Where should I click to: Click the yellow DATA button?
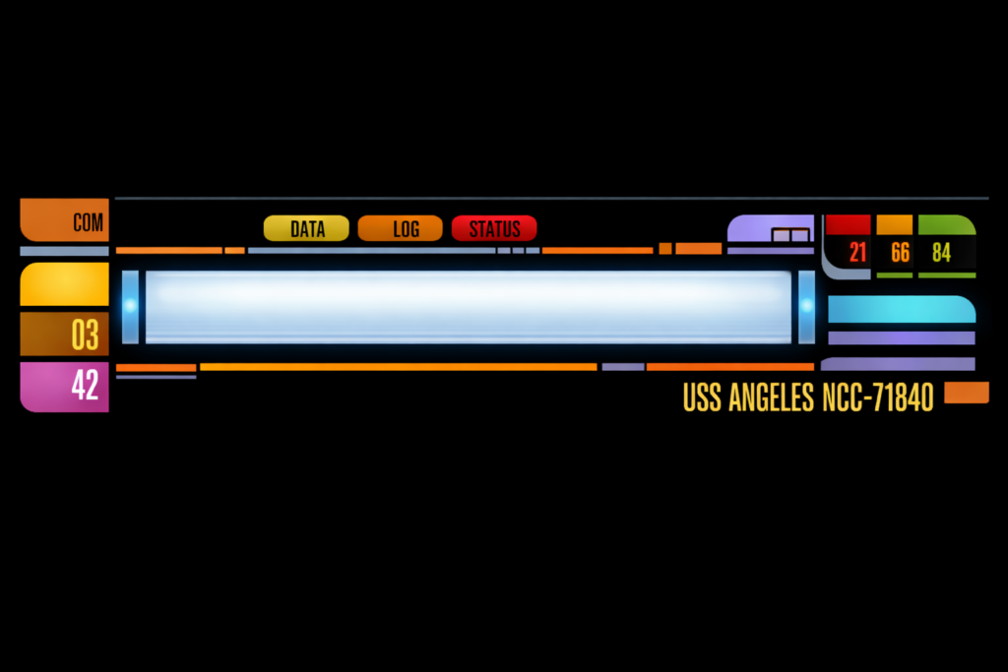click(306, 229)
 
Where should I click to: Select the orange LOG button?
click(400, 229)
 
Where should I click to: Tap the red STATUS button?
click(494, 229)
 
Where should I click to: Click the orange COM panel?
click(65, 220)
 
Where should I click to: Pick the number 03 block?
click(65, 335)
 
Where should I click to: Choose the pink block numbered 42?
click(65, 386)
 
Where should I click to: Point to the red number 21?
click(857, 252)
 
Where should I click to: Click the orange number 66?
click(900, 252)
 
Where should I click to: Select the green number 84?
click(942, 252)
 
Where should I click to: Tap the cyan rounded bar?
click(902, 310)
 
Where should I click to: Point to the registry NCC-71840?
click(876, 397)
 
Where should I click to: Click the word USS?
click(702, 397)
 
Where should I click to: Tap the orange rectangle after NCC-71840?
click(967, 393)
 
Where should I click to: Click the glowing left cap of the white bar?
click(130, 306)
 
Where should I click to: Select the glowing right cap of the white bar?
click(807, 306)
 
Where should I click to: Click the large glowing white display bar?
click(469, 306)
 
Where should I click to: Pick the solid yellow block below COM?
click(65, 284)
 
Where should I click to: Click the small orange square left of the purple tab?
click(665, 249)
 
